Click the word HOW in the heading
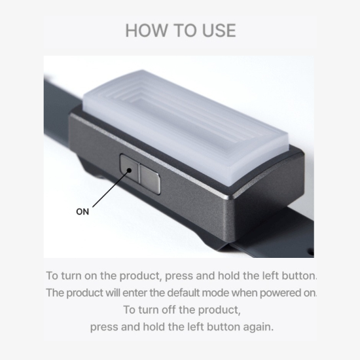point(146,30)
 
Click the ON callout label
point(82,211)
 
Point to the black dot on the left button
point(129,170)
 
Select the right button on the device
point(150,179)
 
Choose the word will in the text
point(113,293)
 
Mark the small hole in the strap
point(311,252)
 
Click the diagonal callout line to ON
point(111,189)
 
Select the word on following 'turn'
point(91,276)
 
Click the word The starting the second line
point(55,293)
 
